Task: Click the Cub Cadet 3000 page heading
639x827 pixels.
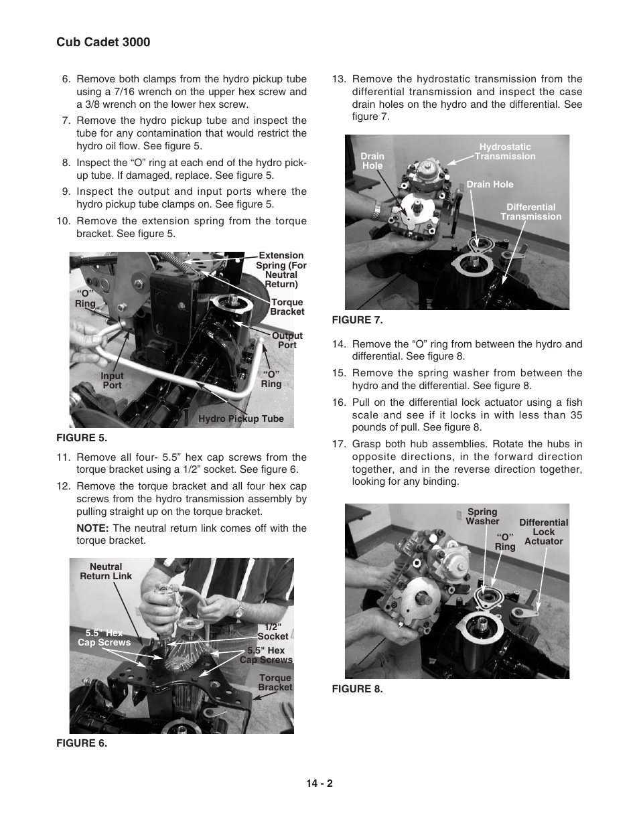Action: click(x=103, y=42)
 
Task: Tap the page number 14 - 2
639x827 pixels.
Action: click(x=319, y=783)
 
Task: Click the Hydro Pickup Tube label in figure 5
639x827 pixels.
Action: click(x=241, y=419)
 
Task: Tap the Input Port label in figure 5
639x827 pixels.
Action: click(x=112, y=380)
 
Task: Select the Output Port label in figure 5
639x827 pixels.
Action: click(x=287, y=340)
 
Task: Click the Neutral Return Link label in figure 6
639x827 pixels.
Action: click(x=106, y=571)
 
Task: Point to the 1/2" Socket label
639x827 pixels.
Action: click(x=273, y=631)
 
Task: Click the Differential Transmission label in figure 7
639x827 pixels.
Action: click(x=530, y=212)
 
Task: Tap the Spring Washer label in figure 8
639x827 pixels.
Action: click(x=483, y=516)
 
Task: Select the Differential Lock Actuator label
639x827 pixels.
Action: click(x=543, y=532)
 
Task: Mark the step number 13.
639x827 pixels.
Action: click(x=338, y=79)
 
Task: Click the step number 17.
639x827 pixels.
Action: click(x=338, y=444)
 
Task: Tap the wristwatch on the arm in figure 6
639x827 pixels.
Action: click(x=239, y=609)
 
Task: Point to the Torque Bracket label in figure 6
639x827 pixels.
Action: click(x=275, y=682)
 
